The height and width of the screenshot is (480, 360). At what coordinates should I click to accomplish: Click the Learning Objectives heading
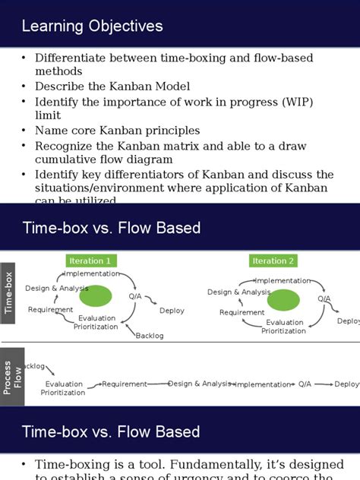click(92, 27)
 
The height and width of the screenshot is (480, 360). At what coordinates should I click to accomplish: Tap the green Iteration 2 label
click(273, 261)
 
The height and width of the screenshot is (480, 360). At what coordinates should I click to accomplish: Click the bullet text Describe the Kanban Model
click(112, 87)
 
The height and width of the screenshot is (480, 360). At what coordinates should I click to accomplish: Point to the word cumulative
click(68, 159)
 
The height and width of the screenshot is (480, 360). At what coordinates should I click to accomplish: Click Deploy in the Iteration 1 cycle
click(172, 311)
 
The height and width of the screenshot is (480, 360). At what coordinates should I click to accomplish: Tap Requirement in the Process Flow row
click(125, 384)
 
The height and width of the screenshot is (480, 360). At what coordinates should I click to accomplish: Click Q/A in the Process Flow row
click(305, 384)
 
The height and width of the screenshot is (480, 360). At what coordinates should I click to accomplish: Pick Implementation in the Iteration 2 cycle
click(282, 281)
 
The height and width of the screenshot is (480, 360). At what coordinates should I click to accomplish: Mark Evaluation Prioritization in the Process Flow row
click(64, 388)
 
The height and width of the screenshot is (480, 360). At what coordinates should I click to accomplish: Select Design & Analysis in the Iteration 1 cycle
click(57, 288)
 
